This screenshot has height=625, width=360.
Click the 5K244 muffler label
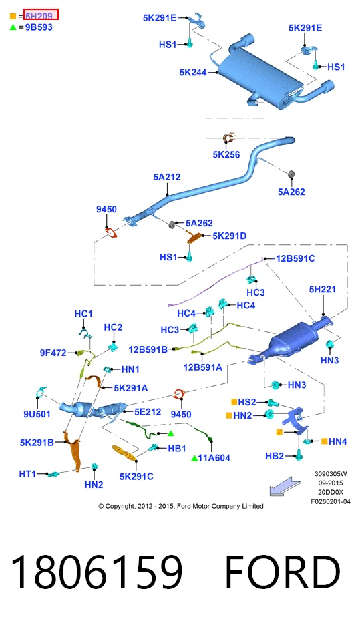(x=193, y=73)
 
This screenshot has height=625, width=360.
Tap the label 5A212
(x=167, y=176)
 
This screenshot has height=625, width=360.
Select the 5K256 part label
(x=226, y=154)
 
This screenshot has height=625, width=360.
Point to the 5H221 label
(x=322, y=289)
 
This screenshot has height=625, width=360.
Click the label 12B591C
(x=295, y=258)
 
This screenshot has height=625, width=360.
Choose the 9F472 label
(x=53, y=353)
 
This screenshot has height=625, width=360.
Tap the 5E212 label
(x=148, y=412)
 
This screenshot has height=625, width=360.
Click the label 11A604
(x=214, y=458)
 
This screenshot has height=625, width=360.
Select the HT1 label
(x=27, y=474)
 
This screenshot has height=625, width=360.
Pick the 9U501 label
(x=37, y=414)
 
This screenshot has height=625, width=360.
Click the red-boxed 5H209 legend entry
(x=41, y=15)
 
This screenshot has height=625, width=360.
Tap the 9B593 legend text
(x=39, y=27)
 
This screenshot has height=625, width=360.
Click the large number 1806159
(x=96, y=571)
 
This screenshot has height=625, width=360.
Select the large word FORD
(x=283, y=571)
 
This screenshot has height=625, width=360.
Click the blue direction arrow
(x=285, y=486)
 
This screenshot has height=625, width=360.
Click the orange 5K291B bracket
(x=73, y=451)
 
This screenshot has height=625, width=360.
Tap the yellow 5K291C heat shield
(x=124, y=453)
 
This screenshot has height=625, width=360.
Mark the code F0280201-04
(x=331, y=501)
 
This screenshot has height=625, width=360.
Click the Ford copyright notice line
(x=181, y=506)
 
